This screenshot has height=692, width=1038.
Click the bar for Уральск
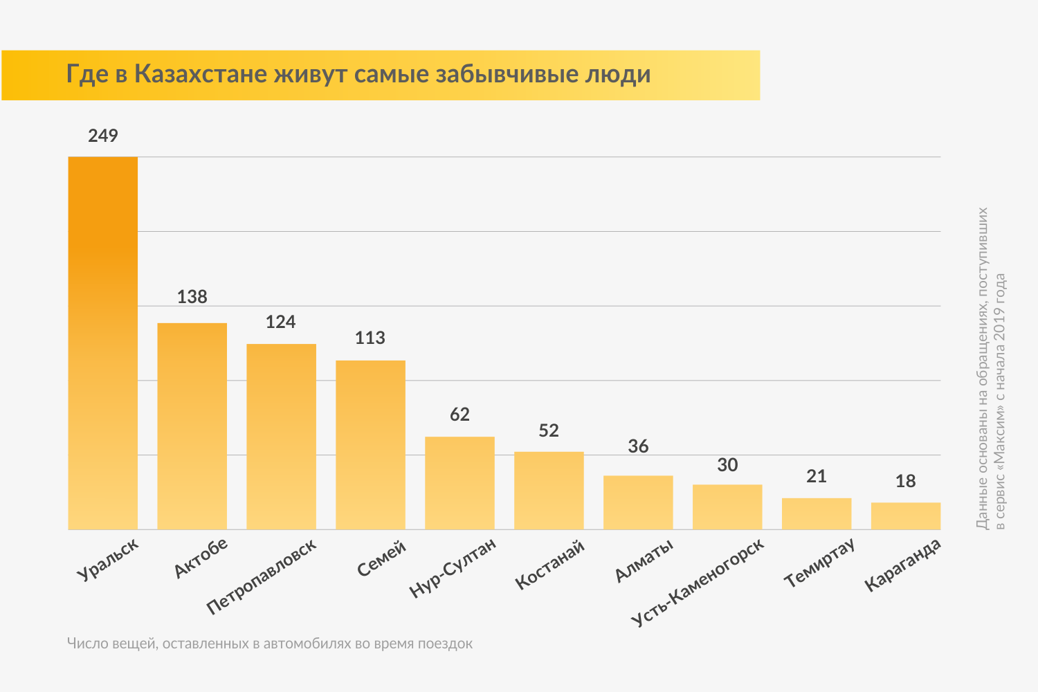click(x=102, y=343)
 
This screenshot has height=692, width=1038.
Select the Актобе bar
click(x=192, y=426)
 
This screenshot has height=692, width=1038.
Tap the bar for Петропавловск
click(x=281, y=436)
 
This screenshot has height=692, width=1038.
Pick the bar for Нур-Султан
click(x=459, y=482)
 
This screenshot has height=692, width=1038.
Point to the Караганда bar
click(x=905, y=516)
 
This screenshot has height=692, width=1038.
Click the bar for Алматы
click(x=638, y=502)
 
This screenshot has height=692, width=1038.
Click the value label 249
click(x=103, y=136)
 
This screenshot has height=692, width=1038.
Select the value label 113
click(x=370, y=338)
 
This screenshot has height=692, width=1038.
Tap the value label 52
click(x=549, y=430)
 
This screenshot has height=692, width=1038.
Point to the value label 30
click(x=727, y=465)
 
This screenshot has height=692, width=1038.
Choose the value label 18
click(x=905, y=481)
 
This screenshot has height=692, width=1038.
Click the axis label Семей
click(x=381, y=559)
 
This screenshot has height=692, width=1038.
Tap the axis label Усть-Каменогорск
click(x=698, y=582)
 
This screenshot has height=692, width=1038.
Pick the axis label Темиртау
click(x=819, y=563)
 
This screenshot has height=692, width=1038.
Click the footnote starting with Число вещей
click(x=270, y=644)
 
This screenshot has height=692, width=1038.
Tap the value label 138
click(x=192, y=297)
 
